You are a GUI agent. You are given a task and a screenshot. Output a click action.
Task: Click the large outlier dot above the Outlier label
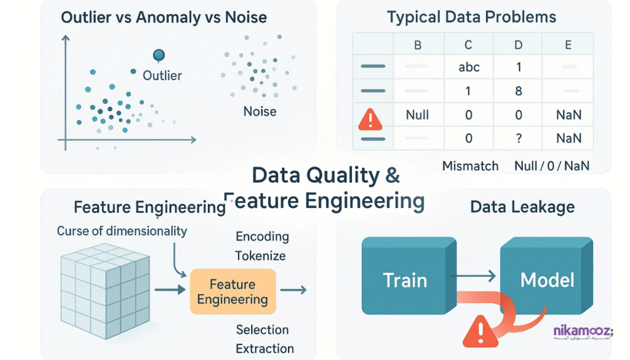159,55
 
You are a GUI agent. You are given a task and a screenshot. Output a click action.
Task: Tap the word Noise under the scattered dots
260,112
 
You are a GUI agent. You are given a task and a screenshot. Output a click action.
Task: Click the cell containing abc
469,68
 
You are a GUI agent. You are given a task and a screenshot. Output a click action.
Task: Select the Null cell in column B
417,115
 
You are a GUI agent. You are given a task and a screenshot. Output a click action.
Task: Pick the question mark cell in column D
518,138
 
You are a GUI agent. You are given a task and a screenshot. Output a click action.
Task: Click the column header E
568,44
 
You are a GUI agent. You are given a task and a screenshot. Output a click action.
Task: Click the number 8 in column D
518,91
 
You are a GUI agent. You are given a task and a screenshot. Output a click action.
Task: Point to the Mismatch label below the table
470,166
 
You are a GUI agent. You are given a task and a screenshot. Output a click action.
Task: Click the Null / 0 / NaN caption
551,166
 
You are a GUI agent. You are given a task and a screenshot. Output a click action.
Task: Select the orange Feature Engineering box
233,292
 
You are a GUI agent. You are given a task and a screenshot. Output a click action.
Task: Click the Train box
405,280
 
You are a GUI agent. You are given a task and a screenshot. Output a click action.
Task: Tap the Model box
547,280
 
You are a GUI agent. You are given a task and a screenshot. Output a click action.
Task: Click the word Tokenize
261,255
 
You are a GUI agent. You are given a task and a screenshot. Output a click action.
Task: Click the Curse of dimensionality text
121,231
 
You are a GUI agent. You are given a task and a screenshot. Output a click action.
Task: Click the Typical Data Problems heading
471,17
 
